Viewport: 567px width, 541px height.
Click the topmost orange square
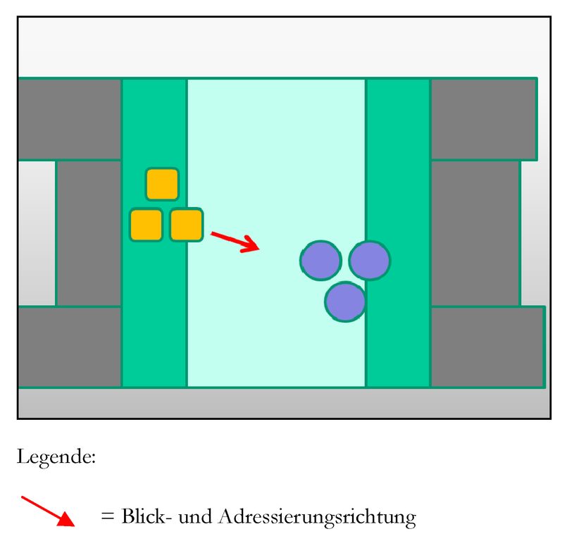tap(162, 184)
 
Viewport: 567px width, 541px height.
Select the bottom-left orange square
tap(147, 225)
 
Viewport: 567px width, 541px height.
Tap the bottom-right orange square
tap(187, 225)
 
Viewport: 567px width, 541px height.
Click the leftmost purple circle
tap(320, 260)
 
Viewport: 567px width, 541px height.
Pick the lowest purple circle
tap(345, 301)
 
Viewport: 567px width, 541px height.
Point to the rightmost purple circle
tap(369, 260)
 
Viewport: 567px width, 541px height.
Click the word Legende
tap(56, 457)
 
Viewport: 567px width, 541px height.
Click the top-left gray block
tap(69, 118)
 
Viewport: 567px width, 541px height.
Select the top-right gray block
tap(483, 118)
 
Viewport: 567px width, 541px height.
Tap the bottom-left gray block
tap(69, 347)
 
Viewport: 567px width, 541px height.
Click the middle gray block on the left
tap(89, 233)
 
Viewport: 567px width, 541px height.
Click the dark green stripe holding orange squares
tap(154, 310)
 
